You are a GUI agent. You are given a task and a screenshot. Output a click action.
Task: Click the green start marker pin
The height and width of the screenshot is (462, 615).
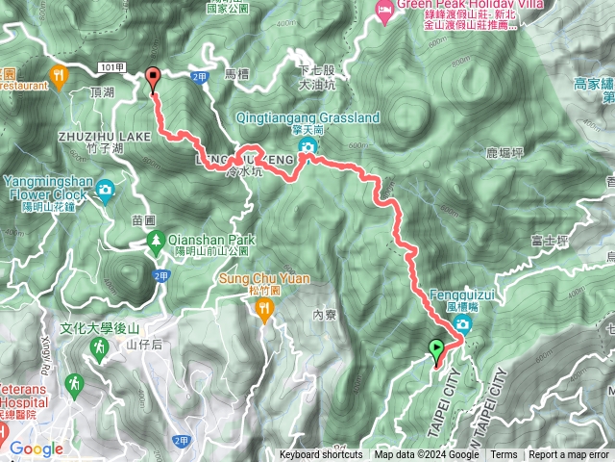tap(437, 348)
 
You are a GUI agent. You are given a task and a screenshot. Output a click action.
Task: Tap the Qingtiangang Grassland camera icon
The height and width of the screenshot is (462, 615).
tap(307, 146)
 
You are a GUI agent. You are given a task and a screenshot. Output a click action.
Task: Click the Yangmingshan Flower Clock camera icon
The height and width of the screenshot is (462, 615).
tap(104, 189)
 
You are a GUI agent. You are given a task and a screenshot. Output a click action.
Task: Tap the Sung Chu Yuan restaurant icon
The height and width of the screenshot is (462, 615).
tap(264, 307)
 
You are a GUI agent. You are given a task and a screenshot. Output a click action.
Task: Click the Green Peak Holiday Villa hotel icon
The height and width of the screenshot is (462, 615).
tap(385, 13)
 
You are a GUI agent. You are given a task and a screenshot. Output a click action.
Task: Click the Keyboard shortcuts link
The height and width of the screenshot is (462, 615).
tap(321, 455)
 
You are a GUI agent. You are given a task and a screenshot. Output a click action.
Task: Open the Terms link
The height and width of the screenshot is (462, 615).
tap(504, 455)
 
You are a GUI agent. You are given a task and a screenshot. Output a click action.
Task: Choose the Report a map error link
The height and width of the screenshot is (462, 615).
tap(569, 455)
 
